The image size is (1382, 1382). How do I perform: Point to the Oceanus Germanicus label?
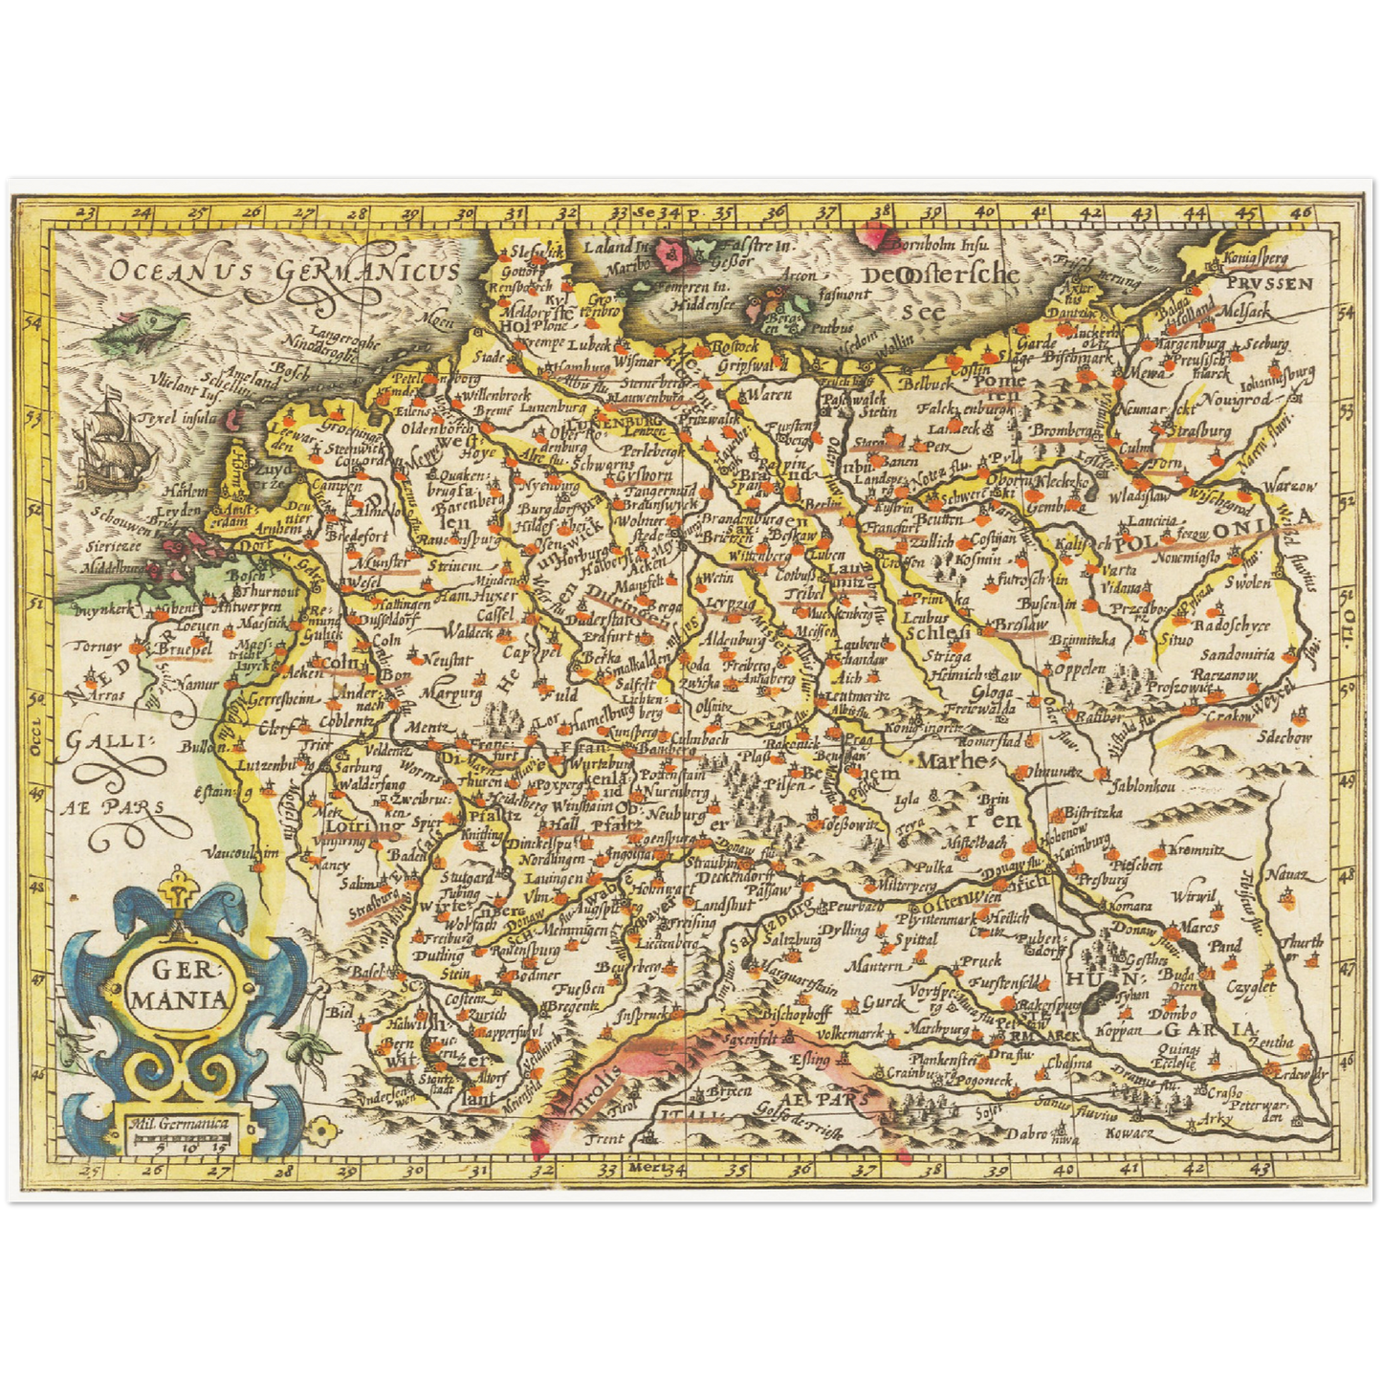coord(283,272)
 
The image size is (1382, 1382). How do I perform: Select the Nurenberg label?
coord(669,793)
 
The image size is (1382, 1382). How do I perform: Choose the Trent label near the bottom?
coord(604,1138)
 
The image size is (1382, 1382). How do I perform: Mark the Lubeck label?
coord(588,345)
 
